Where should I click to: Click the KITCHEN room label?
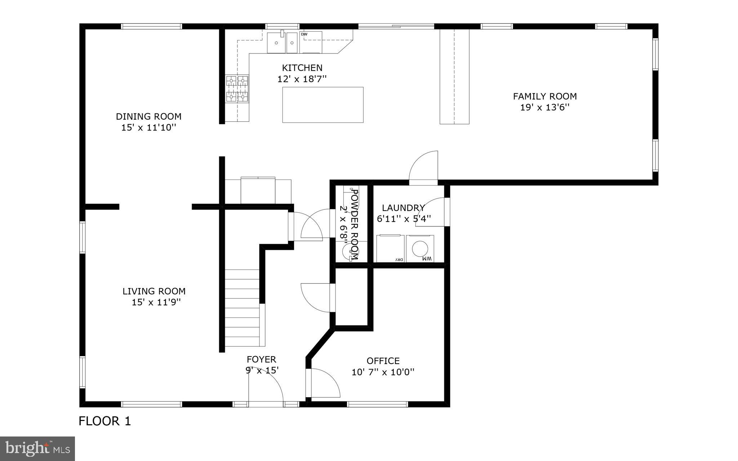(x=302, y=68)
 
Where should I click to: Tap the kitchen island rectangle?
(x=323, y=105)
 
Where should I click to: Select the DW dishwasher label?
(x=304, y=34)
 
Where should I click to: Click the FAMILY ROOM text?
(x=544, y=96)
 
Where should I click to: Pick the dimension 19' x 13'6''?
(x=544, y=107)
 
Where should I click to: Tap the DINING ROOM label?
(x=148, y=116)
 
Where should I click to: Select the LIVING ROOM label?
(x=154, y=291)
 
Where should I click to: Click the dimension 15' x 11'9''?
(x=156, y=302)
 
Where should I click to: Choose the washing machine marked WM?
(x=420, y=249)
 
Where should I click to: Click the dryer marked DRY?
(x=390, y=249)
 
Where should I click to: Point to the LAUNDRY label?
(x=403, y=208)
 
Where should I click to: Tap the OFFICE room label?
(x=383, y=361)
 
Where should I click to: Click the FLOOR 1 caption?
(x=105, y=421)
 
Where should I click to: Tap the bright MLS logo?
(x=37, y=449)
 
